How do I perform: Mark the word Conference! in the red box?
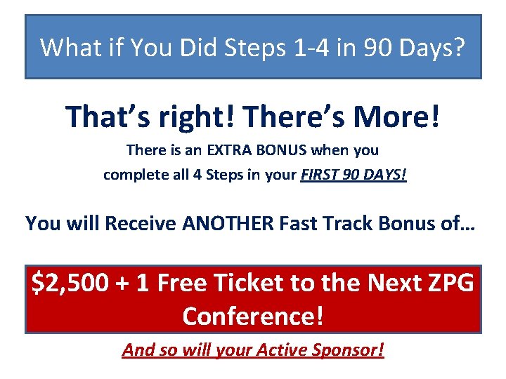point(253,316)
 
